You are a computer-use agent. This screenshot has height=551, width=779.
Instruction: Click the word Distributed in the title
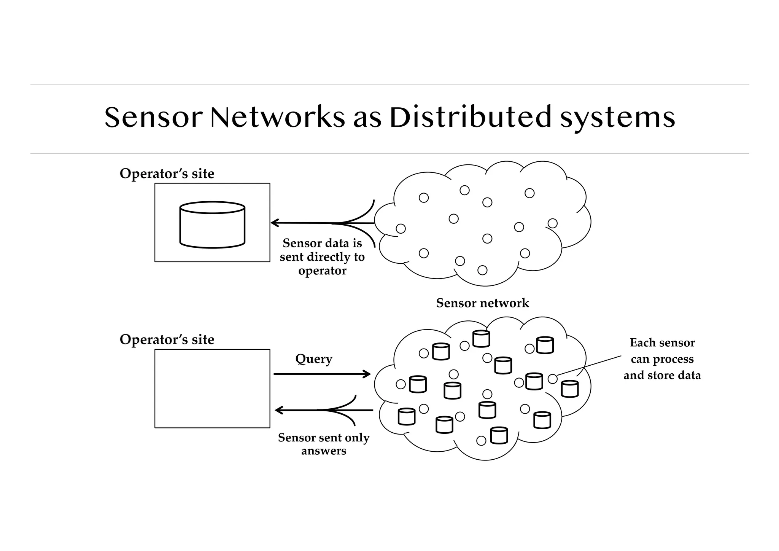470,117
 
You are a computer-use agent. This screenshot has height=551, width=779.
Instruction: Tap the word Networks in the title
277,117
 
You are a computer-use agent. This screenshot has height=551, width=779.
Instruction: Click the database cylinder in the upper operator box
212,225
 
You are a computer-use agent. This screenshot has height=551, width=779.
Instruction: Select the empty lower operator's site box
212,389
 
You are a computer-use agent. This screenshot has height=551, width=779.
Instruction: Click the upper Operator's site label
167,174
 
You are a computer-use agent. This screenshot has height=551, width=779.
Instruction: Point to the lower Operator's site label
167,339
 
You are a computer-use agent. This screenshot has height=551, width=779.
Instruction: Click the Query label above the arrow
314,359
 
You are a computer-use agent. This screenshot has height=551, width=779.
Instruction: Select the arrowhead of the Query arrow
367,374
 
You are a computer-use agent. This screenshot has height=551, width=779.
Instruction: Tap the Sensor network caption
482,303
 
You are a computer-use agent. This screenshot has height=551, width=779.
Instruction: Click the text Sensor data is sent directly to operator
322,257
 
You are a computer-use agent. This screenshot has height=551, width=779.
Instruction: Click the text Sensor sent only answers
324,444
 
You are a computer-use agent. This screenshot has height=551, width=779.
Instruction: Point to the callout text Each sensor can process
662,351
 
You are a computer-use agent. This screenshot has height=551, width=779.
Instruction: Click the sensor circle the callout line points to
553,379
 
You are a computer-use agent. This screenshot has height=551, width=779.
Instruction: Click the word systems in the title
618,117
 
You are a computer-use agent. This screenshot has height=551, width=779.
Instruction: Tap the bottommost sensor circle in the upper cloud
482,270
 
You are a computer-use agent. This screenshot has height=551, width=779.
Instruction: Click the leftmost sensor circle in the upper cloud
401,228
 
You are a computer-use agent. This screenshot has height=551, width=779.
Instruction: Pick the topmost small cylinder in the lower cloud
481,339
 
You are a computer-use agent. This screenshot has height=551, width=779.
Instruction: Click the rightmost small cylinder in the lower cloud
570,389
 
